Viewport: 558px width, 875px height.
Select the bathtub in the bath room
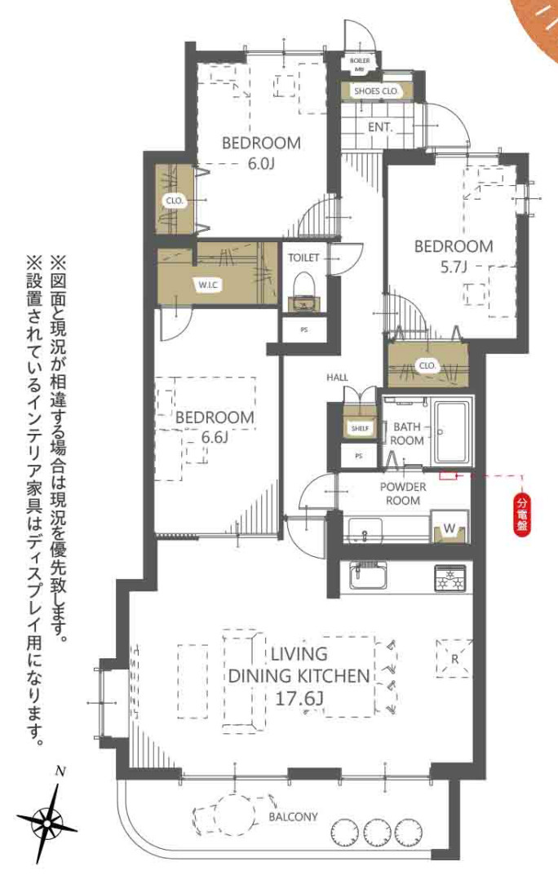pyautogui.click(x=453, y=432)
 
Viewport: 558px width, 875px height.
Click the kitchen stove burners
pyautogui.click(x=449, y=578)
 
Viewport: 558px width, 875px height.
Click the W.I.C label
pyautogui.click(x=206, y=285)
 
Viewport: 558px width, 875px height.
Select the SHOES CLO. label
pyautogui.click(x=376, y=91)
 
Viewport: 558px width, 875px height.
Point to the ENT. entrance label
pyautogui.click(x=380, y=127)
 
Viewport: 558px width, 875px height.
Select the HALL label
pyautogui.click(x=337, y=378)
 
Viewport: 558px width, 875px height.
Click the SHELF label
pyautogui.click(x=356, y=428)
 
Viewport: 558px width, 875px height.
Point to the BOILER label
pyautogui.click(x=360, y=61)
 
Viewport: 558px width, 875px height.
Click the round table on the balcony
pyautogui.click(x=232, y=814)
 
